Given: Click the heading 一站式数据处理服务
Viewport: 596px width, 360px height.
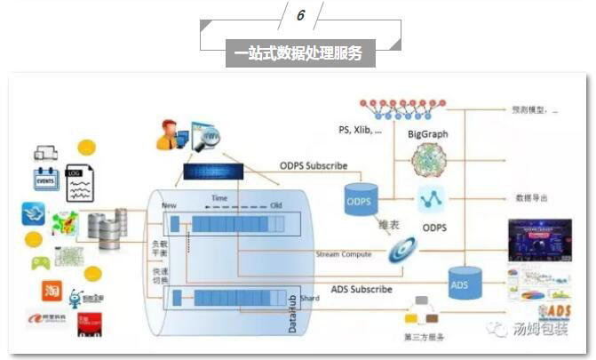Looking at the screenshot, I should [299, 53].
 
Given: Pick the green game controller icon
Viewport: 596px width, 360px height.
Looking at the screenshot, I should [40, 263].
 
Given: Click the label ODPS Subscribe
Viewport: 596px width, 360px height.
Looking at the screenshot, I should [313, 165].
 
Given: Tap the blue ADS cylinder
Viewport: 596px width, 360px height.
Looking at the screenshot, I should [459, 284].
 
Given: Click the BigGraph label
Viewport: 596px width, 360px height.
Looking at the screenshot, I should [427, 134].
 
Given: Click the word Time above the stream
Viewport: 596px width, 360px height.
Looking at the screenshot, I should [219, 197].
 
